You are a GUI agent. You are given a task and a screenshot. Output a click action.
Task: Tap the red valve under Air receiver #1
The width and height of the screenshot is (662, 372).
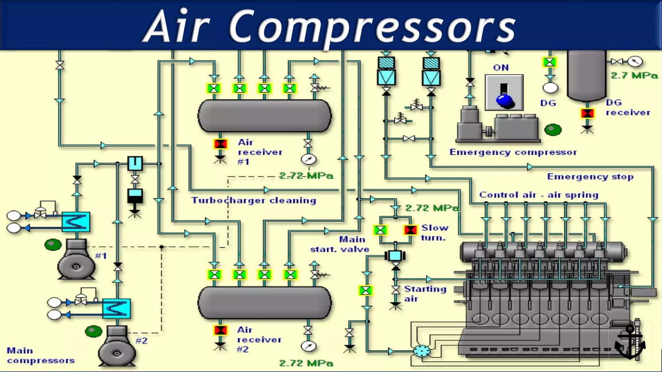pos(220,144)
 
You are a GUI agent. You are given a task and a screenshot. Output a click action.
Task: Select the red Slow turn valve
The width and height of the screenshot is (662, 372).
pos(410,230)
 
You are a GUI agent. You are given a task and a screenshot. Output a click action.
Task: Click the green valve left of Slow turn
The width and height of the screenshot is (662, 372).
pos(380,230)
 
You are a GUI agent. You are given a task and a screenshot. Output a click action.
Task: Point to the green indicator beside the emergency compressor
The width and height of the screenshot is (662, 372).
pos(553,130)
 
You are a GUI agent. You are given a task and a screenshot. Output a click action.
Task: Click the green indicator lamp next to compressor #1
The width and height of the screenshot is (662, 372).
pos(53,244)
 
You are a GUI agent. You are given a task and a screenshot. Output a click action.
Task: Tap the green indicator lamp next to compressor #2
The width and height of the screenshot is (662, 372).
pos(93,331)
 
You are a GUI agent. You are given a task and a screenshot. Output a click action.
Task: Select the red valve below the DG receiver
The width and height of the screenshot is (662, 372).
pos(587,113)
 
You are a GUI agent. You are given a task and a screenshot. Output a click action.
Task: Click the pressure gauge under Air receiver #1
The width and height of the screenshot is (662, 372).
pos(308,159)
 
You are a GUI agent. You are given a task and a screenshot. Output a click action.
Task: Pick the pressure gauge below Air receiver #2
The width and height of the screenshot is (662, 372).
pos(308,346)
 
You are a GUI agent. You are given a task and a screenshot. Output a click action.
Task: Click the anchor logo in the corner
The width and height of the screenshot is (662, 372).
pos(630,343)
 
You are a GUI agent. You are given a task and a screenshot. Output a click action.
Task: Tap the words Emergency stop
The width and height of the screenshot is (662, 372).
pos(590,177)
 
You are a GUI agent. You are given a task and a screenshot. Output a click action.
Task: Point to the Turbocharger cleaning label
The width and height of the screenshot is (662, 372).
pos(254,200)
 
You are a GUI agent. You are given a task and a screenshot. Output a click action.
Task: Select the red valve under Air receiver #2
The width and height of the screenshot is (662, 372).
pos(220,330)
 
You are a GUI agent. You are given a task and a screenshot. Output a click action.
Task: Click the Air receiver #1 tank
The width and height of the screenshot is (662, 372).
pos(264,116)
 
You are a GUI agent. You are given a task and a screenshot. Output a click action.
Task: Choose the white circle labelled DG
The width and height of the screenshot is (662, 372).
pos(550,88)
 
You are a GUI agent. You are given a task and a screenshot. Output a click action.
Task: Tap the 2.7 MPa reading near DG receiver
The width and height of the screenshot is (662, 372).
pos(634,76)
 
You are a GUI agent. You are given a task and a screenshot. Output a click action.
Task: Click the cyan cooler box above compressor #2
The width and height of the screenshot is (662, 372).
pos(116,308)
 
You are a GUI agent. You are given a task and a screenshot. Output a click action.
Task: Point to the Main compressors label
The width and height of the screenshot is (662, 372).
pos(41,355)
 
